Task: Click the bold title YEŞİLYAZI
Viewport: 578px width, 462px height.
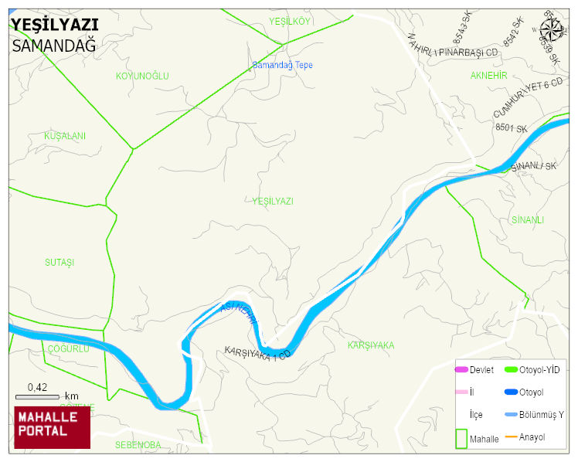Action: [54, 24]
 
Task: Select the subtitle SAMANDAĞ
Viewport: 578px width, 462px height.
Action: [53, 46]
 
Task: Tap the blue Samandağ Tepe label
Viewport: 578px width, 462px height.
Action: [283, 66]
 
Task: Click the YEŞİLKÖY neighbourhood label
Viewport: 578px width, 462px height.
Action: [289, 21]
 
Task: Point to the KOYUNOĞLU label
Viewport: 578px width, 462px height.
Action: [142, 76]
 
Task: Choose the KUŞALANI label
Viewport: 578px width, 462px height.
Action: [65, 136]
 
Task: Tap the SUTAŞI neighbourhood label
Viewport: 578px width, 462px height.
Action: [59, 263]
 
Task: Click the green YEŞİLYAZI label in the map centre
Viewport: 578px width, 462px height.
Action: [273, 201]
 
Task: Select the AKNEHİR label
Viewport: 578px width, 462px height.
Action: [488, 75]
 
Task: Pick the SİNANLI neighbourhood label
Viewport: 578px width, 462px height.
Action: [528, 220]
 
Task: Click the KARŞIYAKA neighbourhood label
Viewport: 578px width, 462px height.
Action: [371, 345]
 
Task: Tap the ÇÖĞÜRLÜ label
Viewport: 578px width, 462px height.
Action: [69, 348]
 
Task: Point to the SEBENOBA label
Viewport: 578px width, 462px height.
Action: [138, 445]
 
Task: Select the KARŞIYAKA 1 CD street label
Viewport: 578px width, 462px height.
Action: [257, 354]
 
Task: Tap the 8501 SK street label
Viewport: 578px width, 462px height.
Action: [511, 127]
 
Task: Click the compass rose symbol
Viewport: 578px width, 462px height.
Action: [552, 29]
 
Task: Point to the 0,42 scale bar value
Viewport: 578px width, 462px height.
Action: [37, 387]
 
